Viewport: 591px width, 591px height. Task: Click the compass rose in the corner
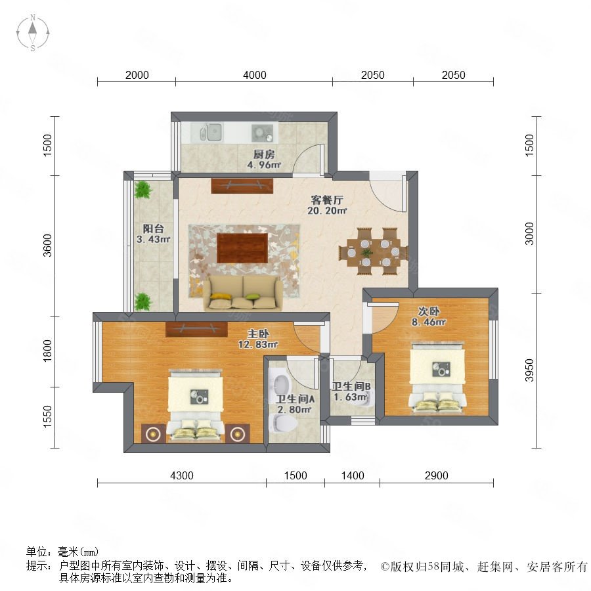point(33,33)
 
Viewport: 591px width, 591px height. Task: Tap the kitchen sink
point(207,132)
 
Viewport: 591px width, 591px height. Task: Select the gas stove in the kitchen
point(263,133)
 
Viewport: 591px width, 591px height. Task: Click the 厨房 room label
point(264,154)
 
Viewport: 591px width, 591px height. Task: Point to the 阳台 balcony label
point(153,229)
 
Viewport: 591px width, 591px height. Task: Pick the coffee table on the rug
point(242,248)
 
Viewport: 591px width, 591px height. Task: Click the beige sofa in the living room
point(243,293)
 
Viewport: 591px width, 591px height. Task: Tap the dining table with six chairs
point(374,252)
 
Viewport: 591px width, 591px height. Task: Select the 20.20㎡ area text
point(327,210)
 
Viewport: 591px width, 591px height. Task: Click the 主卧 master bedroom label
point(258,334)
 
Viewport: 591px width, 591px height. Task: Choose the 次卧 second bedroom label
point(429,311)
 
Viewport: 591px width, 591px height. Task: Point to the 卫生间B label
point(351,386)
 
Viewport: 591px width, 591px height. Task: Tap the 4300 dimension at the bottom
point(182,475)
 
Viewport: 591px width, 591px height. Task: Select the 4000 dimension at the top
point(254,75)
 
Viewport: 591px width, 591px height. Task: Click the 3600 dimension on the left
point(47,246)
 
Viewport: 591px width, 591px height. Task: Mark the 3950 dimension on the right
point(529,370)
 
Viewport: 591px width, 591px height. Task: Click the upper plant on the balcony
point(143,190)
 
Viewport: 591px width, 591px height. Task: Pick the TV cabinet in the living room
point(242,186)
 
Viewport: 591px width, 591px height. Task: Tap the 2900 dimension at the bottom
point(437,475)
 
